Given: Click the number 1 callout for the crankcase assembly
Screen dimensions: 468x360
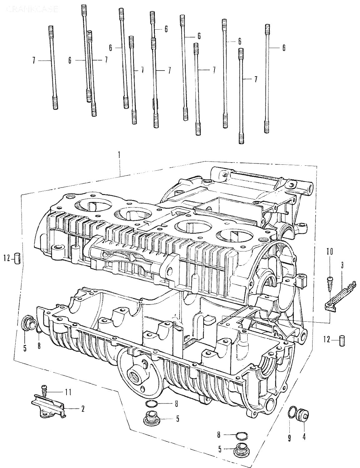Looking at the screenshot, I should [x=119, y=155].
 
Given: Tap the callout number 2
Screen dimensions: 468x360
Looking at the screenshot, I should [x=83, y=408].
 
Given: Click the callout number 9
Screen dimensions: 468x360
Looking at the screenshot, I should [x=289, y=438].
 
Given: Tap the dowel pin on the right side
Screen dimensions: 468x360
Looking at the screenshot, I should [x=342, y=340].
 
